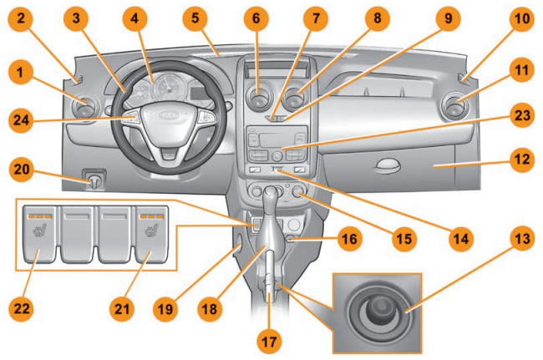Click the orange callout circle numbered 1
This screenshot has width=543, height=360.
click(x=18, y=72)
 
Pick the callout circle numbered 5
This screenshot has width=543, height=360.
click(x=195, y=16)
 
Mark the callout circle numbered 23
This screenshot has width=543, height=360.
click(x=522, y=118)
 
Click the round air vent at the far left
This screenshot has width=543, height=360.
click(x=86, y=108)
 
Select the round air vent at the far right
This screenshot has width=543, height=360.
click(x=457, y=107)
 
